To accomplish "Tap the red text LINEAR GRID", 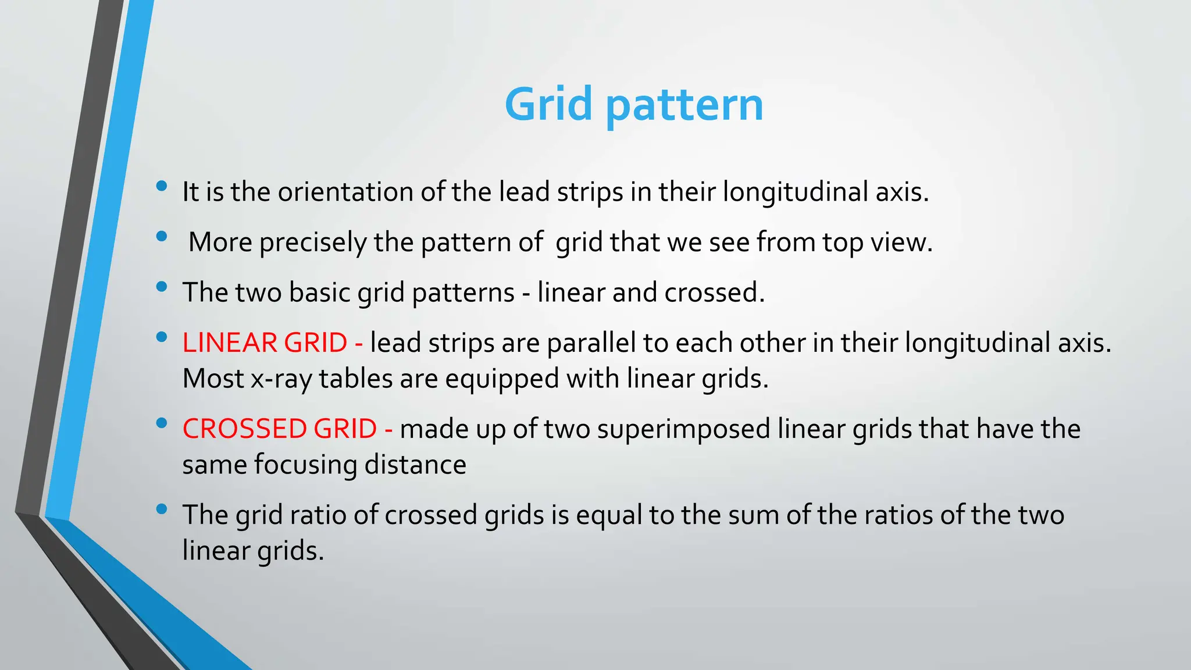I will click(265, 343).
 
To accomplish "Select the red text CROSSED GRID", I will click(280, 429).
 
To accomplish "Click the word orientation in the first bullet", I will click(345, 192).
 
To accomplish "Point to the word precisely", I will click(313, 242).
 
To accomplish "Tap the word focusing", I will click(305, 465).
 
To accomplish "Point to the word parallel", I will click(591, 343).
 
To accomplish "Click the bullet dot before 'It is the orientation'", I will click(162, 186).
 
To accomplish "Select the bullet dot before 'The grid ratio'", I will click(162, 509).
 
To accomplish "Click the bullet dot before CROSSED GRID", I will click(162, 423).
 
